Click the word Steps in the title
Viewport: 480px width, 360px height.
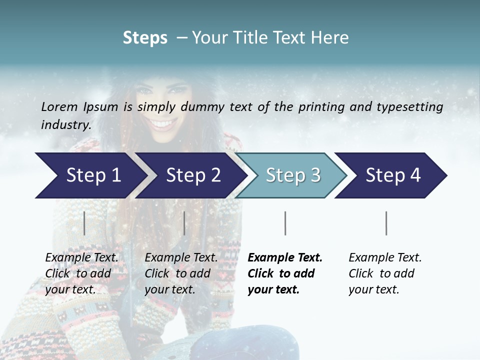pos(145,38)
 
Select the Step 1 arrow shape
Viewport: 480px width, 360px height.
pos(90,175)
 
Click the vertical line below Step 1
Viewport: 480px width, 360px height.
pos(84,223)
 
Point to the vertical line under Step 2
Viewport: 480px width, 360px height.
pos(184,223)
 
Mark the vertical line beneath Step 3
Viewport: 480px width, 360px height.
pos(285,223)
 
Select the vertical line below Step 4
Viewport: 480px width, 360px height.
pos(386,223)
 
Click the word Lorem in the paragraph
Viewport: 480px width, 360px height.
pos(59,107)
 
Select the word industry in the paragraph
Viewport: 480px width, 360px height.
pos(65,125)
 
